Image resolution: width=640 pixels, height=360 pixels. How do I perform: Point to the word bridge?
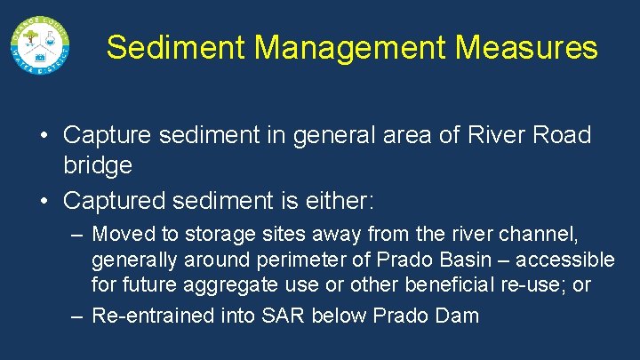point(98,164)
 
